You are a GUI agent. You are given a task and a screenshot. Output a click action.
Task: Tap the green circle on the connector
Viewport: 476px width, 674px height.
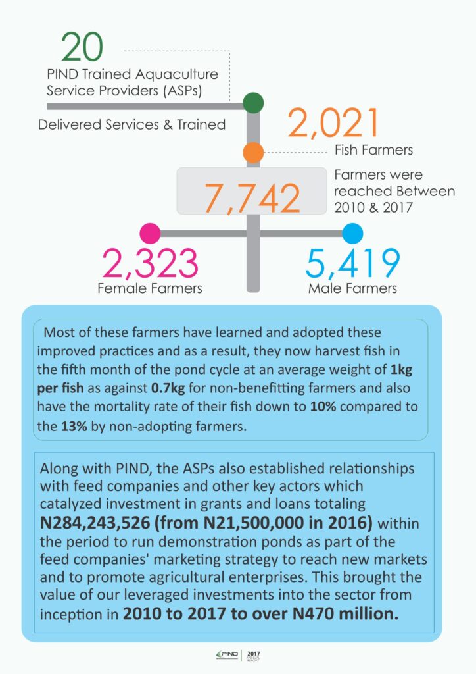(x=253, y=103)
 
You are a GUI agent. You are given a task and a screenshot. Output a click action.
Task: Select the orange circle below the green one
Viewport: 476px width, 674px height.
(x=253, y=153)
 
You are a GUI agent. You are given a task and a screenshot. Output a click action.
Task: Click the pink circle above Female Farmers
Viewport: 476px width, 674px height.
(x=151, y=233)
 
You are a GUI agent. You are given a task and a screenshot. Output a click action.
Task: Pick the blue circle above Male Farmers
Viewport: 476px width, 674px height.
(x=353, y=233)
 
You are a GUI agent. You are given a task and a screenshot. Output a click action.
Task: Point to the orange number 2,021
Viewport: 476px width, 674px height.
(x=334, y=124)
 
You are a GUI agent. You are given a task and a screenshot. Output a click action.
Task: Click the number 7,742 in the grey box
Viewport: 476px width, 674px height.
(x=252, y=195)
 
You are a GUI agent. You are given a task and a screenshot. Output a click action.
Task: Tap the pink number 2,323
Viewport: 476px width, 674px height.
(x=151, y=263)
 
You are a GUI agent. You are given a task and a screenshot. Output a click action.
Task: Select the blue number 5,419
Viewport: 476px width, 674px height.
(x=353, y=263)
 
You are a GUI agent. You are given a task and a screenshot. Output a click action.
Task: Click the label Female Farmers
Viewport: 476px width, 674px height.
(x=150, y=288)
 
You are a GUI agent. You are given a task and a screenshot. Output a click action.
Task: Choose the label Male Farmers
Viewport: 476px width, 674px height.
(x=353, y=288)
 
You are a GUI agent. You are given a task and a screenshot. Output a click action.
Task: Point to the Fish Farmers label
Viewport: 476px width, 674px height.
(x=373, y=150)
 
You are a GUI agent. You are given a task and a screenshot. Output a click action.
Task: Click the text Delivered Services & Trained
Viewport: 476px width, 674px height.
(x=131, y=124)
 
